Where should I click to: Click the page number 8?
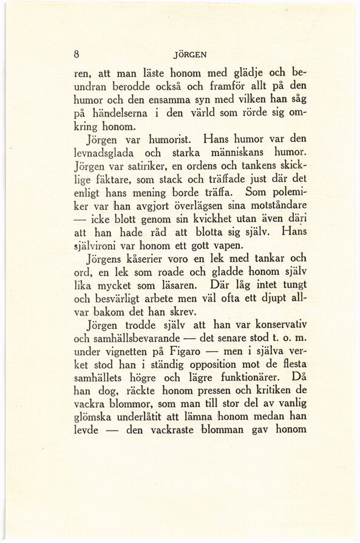tap(76, 53)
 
